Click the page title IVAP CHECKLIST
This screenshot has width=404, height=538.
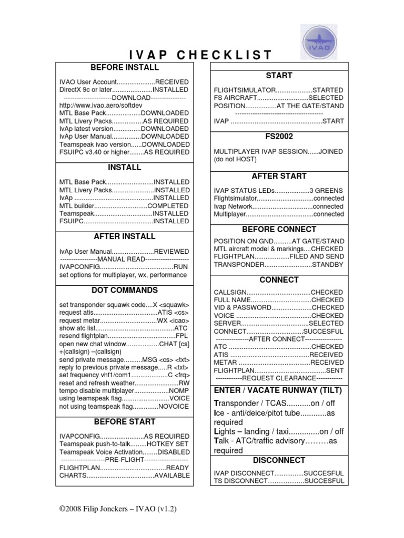pos(200,55)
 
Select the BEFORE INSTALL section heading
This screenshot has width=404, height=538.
pos(125,68)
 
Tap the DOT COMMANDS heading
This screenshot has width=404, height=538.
pos(125,290)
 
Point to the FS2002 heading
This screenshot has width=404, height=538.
pos(279,137)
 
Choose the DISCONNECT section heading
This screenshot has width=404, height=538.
pos(279,460)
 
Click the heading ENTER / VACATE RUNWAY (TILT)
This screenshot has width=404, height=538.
pos(278,390)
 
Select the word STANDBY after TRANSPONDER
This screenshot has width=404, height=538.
pos(328,265)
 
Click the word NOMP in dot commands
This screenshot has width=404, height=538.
pos(179,391)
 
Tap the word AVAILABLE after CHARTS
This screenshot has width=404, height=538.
pos(171,475)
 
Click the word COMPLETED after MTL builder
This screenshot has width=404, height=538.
pos(168,206)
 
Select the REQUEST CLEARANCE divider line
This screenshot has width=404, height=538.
pos(279,378)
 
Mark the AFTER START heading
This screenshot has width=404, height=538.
pos(279,176)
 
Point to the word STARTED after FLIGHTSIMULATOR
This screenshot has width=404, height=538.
pos(328,90)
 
